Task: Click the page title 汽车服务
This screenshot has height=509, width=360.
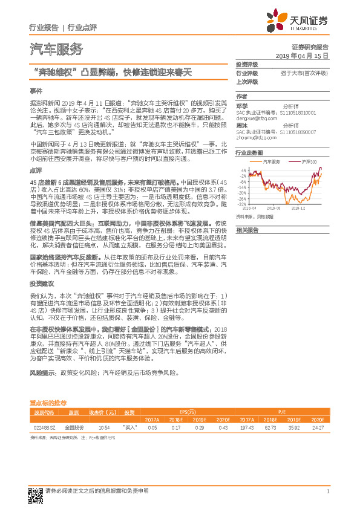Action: (56, 49)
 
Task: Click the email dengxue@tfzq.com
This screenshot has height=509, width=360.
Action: (254, 119)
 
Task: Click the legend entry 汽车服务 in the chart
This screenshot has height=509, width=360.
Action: (271, 162)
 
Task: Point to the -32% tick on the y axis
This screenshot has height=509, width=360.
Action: (241, 204)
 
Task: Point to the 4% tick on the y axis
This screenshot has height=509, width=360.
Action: (243, 170)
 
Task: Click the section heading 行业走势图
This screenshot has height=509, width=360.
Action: (249, 153)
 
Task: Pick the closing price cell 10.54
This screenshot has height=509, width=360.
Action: (103, 427)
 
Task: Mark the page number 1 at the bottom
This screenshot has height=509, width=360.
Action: (327, 491)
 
